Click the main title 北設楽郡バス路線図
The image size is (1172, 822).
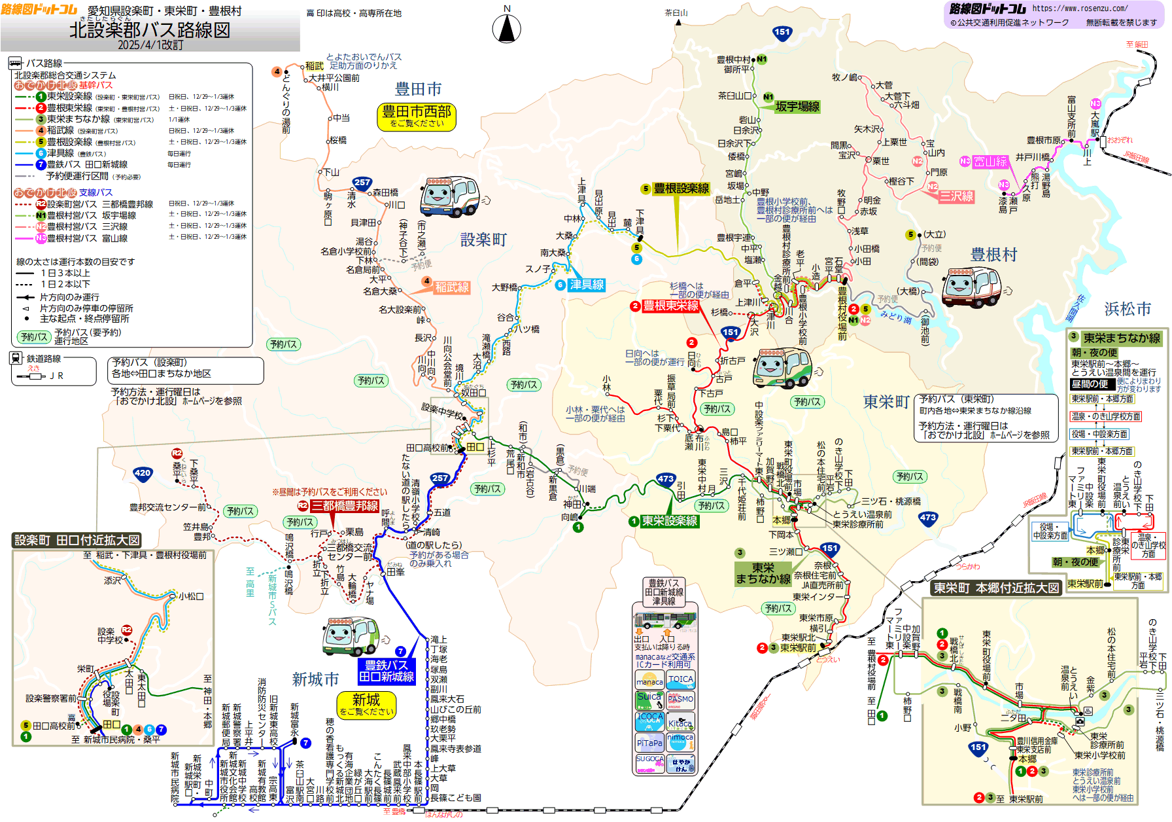click(x=150, y=29)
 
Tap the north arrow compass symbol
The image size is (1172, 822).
click(x=506, y=29)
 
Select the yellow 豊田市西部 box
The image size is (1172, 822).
click(x=417, y=116)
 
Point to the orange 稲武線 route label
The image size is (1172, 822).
click(x=452, y=287)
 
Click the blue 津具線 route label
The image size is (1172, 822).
click(x=587, y=285)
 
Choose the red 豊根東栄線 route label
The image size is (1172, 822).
click(x=670, y=306)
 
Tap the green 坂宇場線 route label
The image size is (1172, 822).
click(x=797, y=107)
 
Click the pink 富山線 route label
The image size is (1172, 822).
click(x=990, y=162)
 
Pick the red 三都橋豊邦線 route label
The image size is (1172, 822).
click(x=344, y=506)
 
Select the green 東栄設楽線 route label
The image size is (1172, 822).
click(x=670, y=521)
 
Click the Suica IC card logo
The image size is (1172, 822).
click(x=649, y=699)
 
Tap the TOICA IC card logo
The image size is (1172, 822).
click(x=681, y=679)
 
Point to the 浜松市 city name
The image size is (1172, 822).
click(x=1128, y=309)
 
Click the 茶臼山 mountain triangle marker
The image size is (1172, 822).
click(x=678, y=22)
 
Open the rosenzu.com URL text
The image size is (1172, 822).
click(x=1080, y=9)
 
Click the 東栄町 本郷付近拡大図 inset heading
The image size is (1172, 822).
click(x=996, y=588)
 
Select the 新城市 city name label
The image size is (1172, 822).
click(x=315, y=679)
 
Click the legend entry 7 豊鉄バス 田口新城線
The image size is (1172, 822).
click(x=87, y=164)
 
